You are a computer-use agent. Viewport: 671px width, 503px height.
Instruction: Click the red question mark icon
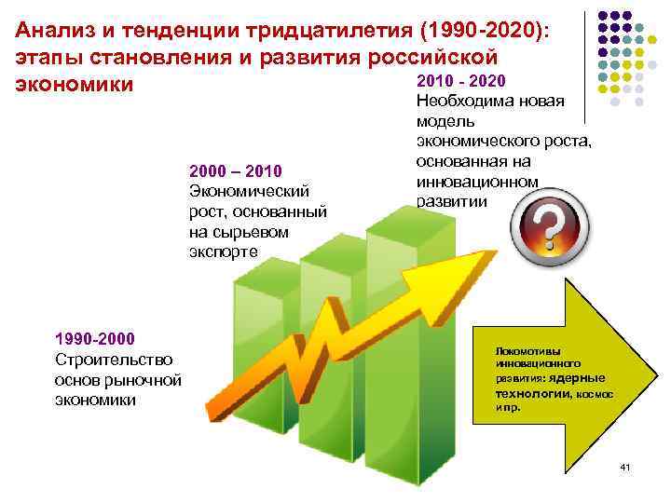click(548, 226)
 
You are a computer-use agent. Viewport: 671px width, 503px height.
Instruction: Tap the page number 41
click(624, 466)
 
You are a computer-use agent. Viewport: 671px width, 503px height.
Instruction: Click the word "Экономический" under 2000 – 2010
click(248, 192)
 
